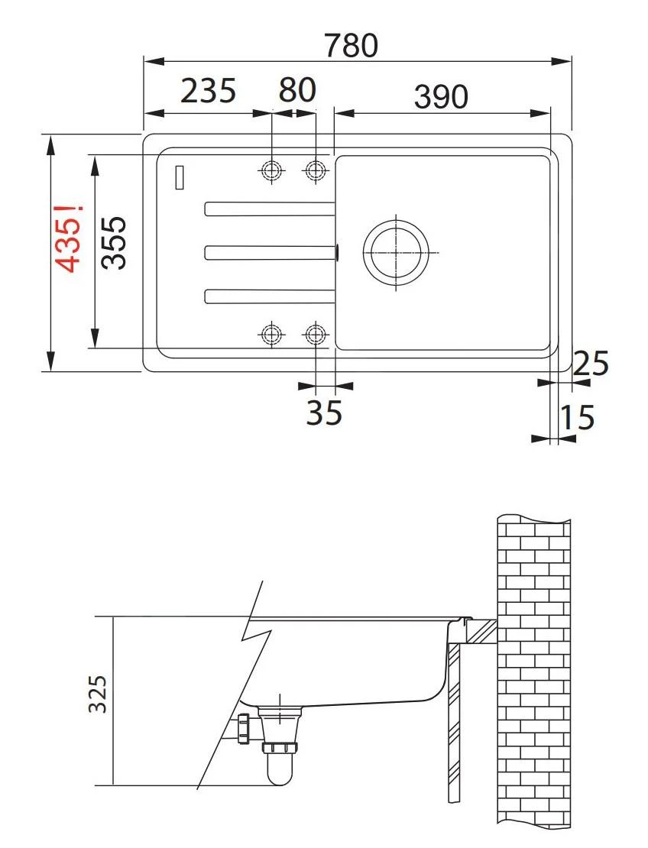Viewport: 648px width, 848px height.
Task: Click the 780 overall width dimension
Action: (351, 46)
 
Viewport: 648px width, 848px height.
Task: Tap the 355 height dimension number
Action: (114, 242)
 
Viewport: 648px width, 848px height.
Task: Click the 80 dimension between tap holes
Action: (296, 91)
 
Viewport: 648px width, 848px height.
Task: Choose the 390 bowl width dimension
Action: (440, 96)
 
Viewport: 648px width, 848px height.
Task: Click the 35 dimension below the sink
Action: (324, 413)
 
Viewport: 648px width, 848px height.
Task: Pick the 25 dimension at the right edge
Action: (591, 364)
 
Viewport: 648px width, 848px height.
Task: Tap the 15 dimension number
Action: (577, 419)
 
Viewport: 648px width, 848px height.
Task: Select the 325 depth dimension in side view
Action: (96, 694)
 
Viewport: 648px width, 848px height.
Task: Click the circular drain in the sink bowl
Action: (394, 252)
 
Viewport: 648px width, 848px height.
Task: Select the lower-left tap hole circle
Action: (271, 334)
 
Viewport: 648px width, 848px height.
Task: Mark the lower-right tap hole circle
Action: (314, 334)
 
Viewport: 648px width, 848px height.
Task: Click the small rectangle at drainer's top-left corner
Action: (180, 177)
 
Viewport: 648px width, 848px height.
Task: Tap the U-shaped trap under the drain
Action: (280, 768)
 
